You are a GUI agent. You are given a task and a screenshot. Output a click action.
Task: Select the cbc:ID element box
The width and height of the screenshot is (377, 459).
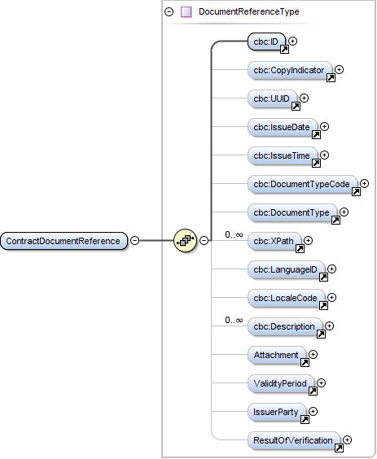(267, 42)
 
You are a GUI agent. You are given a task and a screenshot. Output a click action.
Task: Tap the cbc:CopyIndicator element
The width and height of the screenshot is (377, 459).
(289, 71)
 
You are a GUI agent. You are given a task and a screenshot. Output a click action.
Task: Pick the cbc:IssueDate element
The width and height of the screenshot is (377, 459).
(283, 127)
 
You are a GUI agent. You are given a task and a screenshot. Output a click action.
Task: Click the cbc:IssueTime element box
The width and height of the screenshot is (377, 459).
(283, 155)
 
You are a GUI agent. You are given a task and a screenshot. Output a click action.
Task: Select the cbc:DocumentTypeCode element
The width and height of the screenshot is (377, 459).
(301, 185)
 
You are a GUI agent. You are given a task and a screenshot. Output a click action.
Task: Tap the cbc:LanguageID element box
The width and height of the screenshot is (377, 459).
(286, 269)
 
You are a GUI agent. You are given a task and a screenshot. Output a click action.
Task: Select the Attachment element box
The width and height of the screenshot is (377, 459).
(277, 355)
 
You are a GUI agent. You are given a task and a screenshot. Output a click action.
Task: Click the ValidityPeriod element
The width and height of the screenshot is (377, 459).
(281, 383)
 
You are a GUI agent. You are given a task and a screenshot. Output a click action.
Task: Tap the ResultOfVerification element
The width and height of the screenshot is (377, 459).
(293, 440)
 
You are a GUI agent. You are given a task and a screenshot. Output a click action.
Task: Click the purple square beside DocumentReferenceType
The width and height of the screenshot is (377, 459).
(186, 12)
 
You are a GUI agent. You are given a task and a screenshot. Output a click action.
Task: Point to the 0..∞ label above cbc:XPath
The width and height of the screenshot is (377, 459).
(235, 234)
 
